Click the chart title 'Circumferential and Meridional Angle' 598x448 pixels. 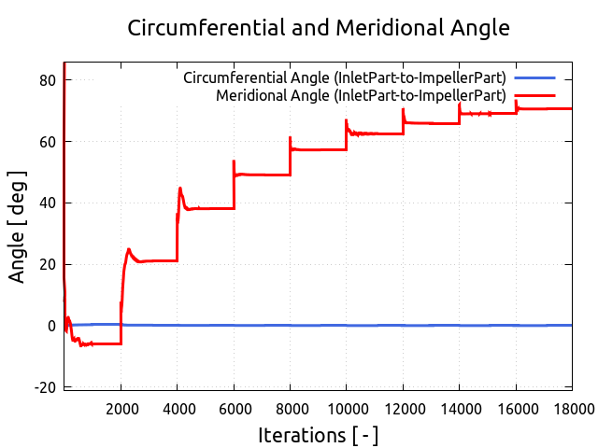[x=318, y=28]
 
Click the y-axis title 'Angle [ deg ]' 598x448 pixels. [x=18, y=227]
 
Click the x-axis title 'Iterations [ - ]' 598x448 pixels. [x=318, y=435]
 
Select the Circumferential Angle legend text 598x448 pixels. [x=345, y=77]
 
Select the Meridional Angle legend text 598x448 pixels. [x=361, y=95]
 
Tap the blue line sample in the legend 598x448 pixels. [x=534, y=77]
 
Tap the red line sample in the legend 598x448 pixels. [x=534, y=95]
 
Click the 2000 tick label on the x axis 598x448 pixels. [x=121, y=407]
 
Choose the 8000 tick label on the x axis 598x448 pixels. [x=290, y=407]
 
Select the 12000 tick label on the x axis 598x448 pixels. [x=403, y=407]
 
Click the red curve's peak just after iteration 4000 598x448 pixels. [x=180, y=189]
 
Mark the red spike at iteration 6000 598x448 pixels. [x=234, y=161]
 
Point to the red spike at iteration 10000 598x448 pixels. [x=346, y=120]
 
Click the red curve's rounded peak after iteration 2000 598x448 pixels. [x=129, y=249]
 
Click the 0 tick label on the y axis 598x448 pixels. [x=52, y=326]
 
